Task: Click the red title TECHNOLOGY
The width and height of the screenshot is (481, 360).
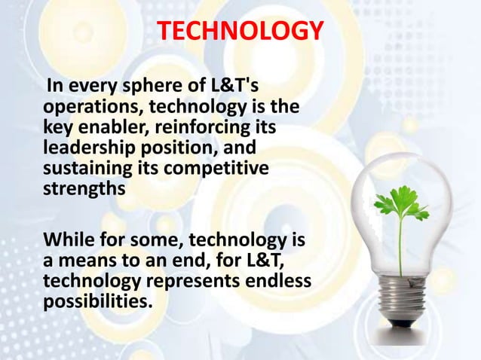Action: click(240, 31)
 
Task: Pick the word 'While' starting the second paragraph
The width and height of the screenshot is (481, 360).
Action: click(66, 241)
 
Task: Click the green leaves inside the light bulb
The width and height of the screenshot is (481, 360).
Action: click(400, 203)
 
